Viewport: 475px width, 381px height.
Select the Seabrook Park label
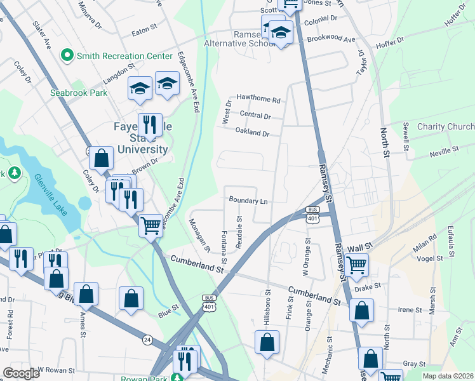tap(79, 92)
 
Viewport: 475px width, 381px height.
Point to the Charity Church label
tap(445, 126)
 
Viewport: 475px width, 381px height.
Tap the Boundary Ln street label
tap(248, 201)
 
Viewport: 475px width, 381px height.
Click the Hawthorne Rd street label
tap(258, 100)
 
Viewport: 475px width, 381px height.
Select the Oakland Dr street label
tap(253, 133)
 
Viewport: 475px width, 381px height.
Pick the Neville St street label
tap(443, 151)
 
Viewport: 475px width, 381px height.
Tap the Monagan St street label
tap(199, 234)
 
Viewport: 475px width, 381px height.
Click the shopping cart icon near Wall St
tap(356, 265)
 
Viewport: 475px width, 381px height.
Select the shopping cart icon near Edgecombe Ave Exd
tap(151, 225)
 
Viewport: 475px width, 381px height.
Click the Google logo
tap(21, 373)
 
